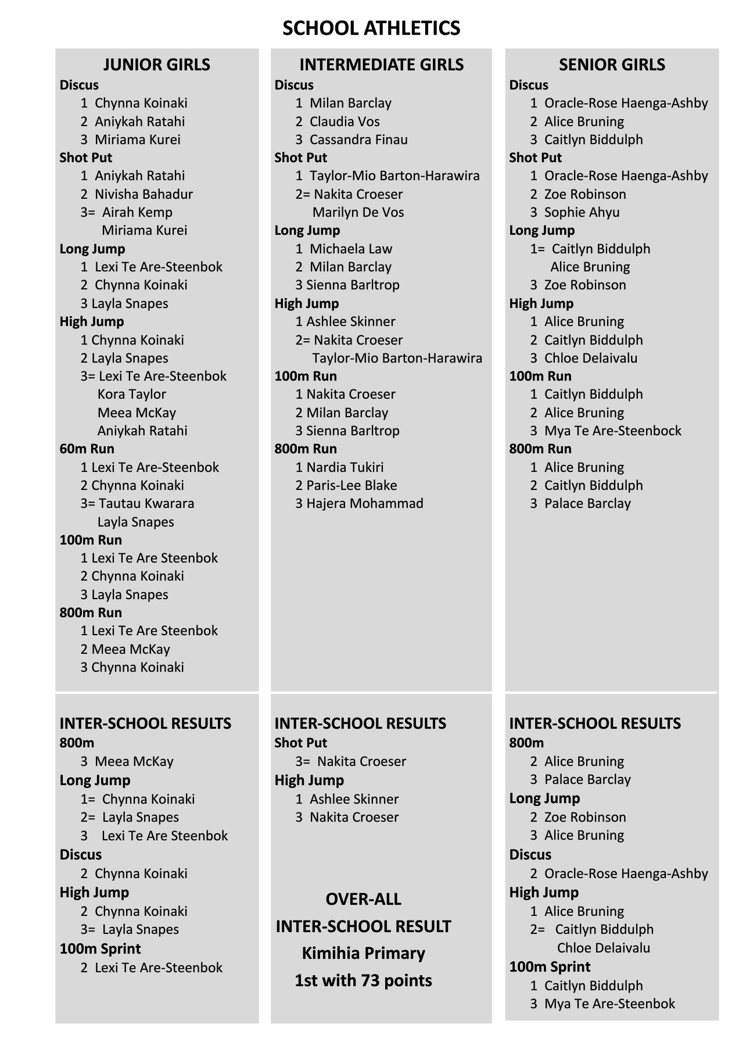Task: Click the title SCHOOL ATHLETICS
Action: [x=371, y=28]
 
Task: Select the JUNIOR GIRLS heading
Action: [x=156, y=65]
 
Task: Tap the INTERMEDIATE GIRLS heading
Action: [x=381, y=65]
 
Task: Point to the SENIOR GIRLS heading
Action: [x=612, y=65]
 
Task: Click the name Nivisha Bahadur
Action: [x=144, y=194]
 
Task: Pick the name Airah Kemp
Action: [x=137, y=212]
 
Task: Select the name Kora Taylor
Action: [x=132, y=394]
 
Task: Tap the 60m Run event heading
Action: [x=87, y=449]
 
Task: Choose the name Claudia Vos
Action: [x=345, y=121]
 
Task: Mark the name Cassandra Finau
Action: [x=358, y=139]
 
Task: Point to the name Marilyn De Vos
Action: [x=358, y=212]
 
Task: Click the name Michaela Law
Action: [x=351, y=249]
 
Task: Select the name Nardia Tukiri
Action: [x=345, y=467]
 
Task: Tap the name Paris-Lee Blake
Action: [x=351, y=485]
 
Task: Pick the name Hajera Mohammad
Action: [x=365, y=503]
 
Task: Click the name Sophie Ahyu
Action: [x=582, y=212]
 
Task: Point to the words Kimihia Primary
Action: [x=363, y=953]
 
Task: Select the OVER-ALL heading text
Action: [x=363, y=899]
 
